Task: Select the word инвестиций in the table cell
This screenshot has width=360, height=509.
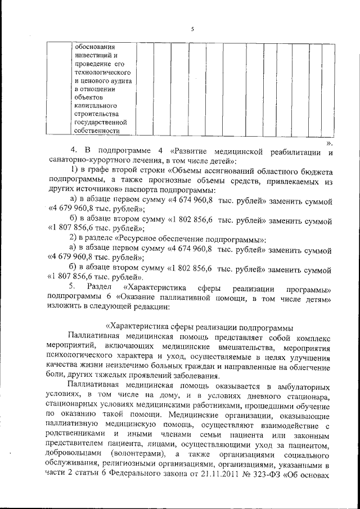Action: click(93, 55)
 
